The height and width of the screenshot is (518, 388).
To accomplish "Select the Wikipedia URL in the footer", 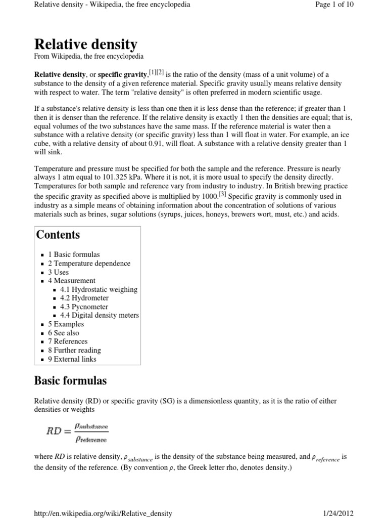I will (103, 513).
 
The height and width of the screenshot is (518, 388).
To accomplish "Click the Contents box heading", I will (58, 235).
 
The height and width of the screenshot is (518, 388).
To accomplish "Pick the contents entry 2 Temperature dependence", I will (89, 263).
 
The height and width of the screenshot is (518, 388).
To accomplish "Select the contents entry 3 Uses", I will (58, 272).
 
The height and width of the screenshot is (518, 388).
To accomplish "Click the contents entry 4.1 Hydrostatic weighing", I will (99, 289).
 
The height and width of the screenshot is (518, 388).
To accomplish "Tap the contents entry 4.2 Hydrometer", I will (84, 298).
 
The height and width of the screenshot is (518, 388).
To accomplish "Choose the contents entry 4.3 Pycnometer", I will (84, 307).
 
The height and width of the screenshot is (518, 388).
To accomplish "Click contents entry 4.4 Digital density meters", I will (100, 315).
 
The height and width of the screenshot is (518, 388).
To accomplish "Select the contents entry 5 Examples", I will (66, 324).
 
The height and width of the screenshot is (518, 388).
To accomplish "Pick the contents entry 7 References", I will (68, 341).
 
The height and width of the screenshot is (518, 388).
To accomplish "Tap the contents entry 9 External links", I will (72, 359).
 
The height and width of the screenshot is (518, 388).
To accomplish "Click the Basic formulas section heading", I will (70, 380).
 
